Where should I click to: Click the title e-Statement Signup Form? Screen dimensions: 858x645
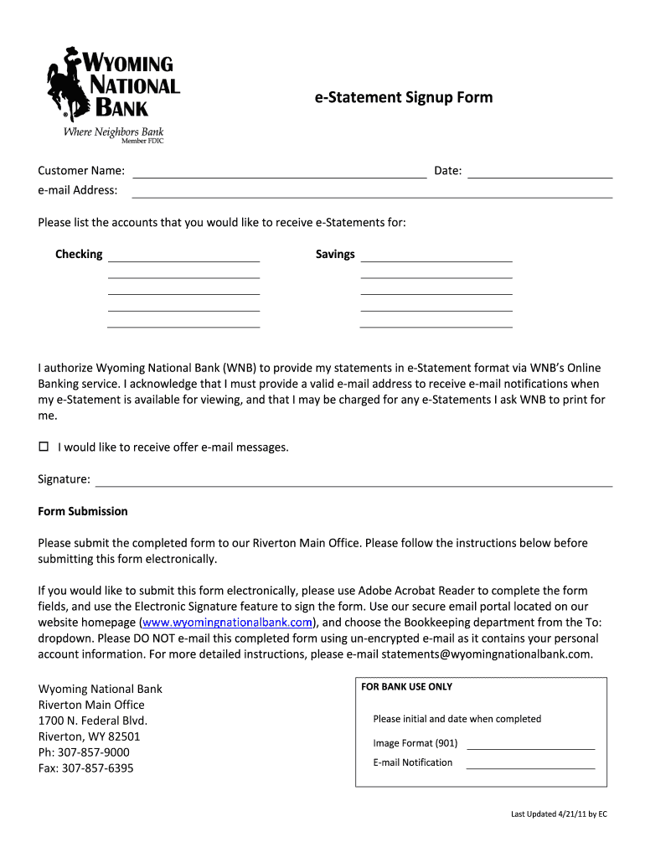click(403, 98)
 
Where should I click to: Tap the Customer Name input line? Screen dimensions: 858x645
click(280, 173)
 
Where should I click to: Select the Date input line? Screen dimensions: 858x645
click(539, 173)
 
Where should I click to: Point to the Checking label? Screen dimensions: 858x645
click(79, 255)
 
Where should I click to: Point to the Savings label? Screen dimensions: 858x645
click(335, 255)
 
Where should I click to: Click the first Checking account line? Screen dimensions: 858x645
click(183, 257)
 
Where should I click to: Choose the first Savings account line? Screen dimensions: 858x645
click(436, 257)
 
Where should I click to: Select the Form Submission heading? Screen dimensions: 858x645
click(83, 511)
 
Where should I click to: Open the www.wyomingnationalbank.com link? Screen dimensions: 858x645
click(228, 623)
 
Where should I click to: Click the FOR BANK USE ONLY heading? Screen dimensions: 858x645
click(406, 687)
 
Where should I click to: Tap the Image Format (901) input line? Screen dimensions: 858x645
click(529, 745)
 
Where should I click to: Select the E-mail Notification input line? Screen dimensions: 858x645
click(529, 764)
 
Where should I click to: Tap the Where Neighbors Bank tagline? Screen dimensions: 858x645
click(114, 132)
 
